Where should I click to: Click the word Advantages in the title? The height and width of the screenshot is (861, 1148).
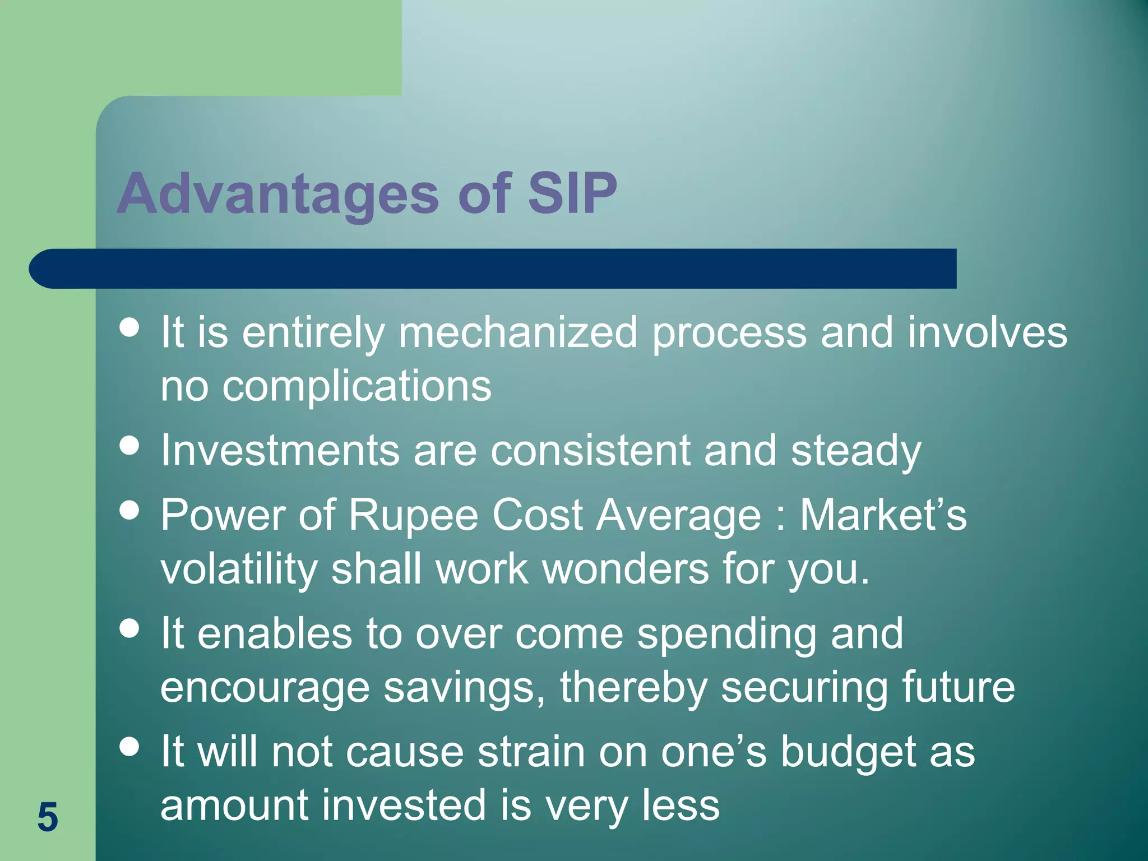[277, 194]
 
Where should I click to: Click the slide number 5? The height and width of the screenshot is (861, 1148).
[48, 817]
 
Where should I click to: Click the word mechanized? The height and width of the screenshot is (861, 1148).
[517, 332]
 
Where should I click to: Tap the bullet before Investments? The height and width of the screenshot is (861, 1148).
[129, 446]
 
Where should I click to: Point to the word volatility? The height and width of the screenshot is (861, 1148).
[239, 569]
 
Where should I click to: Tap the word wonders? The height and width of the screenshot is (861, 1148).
[625, 569]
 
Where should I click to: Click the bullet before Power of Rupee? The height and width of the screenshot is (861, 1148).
[129, 511]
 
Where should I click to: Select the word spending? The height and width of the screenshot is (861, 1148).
[726, 634]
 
